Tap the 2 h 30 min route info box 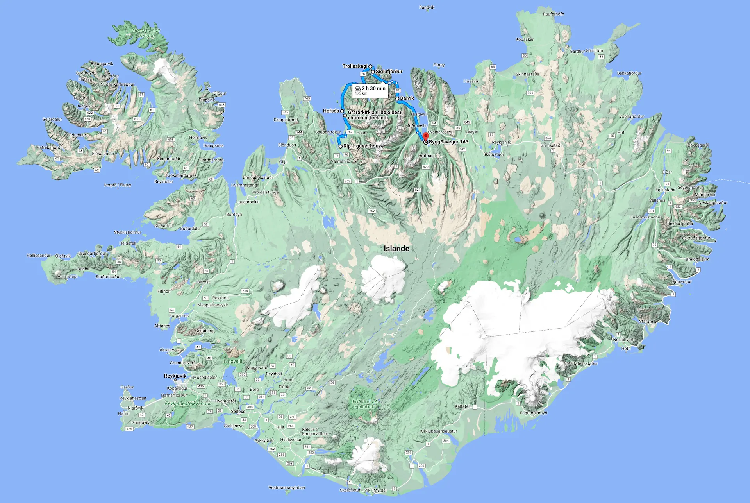[370, 90]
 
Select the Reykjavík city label [175, 376]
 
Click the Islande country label [396, 249]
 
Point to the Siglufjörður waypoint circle [373, 72]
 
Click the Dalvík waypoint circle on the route [397, 98]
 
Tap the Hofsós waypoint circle [342, 111]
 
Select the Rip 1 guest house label [363, 146]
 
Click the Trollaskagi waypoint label [355, 66]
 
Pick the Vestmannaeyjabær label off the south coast [287, 487]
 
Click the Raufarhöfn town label [553, 14]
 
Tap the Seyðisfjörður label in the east [690, 188]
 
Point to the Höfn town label [626, 348]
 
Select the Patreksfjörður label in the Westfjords [50, 147]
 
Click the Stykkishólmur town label [127, 232]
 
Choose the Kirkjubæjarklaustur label [438, 431]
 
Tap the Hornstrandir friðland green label [146, 33]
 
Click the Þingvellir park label [234, 361]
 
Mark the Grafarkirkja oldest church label [374, 115]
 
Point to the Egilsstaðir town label [665, 190]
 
